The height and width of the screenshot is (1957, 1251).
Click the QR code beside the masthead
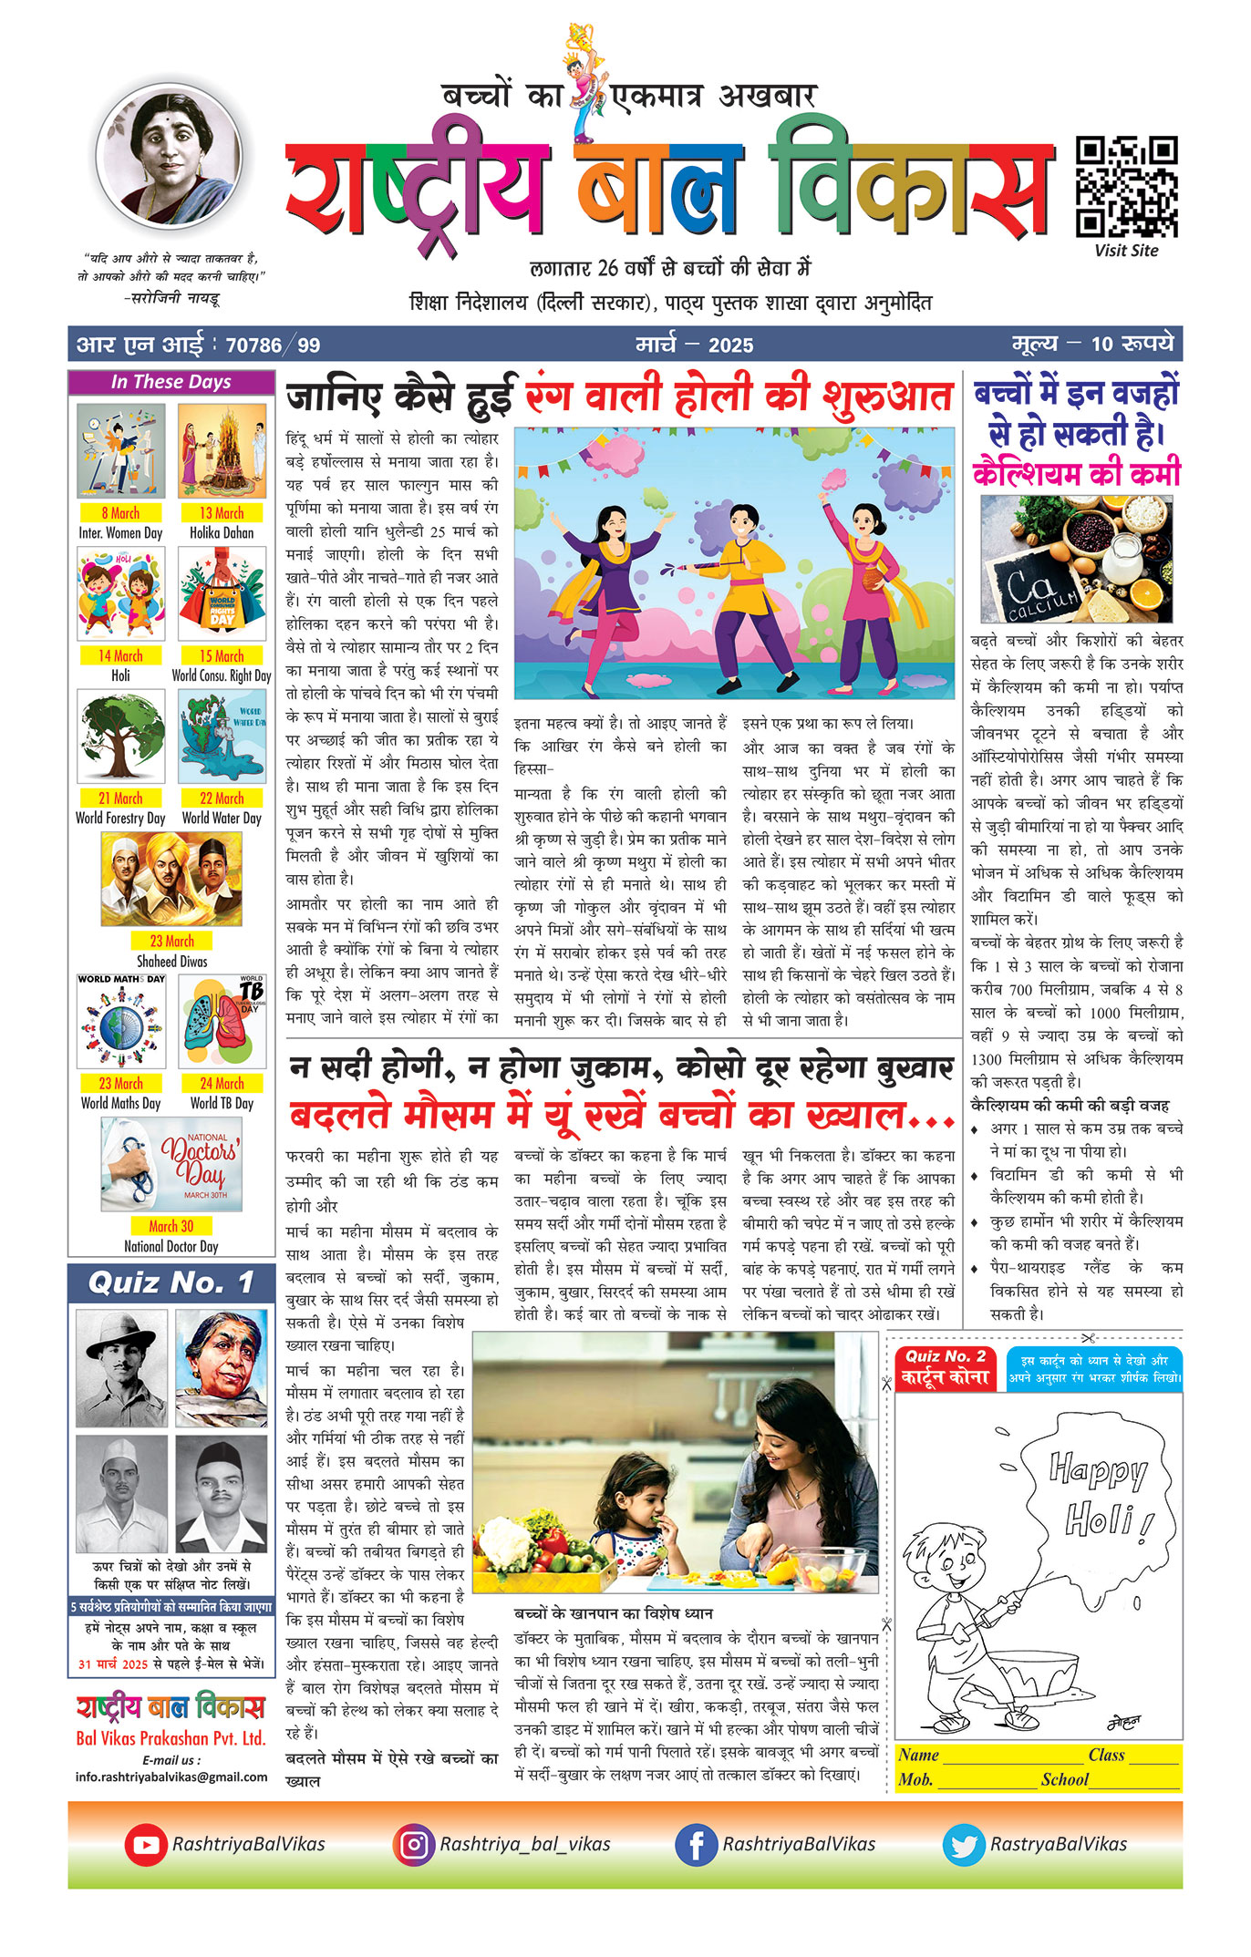coord(1126,187)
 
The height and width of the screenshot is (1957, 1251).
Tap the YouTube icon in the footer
coord(146,1844)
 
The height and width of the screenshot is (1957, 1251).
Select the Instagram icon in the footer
coord(414,1844)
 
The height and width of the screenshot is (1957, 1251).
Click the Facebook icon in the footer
coord(696,1844)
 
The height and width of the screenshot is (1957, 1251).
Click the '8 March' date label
coord(120,513)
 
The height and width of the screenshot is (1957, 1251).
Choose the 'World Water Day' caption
coord(222,819)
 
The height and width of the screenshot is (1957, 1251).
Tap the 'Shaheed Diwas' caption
coord(171,961)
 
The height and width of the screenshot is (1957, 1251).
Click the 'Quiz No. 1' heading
coord(171,1283)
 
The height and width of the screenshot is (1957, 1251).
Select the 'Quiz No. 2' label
coord(946,1356)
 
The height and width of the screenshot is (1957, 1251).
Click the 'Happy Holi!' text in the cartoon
coord(1099,1494)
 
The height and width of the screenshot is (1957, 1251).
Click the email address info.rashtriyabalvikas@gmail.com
coord(171,1777)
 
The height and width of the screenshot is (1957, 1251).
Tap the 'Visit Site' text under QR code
coord(1126,251)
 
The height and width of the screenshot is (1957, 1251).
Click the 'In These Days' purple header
coord(171,382)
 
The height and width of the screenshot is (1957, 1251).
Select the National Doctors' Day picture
coord(171,1164)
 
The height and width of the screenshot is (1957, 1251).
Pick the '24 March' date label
coord(222,1083)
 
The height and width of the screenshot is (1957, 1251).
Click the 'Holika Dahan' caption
coord(222,533)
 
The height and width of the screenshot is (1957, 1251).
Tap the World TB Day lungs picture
coord(222,1021)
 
